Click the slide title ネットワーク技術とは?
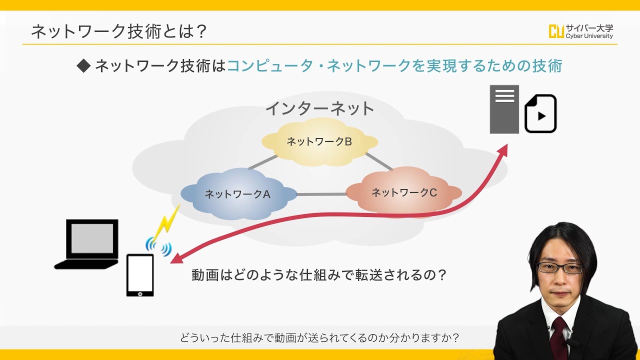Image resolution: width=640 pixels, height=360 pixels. click(x=118, y=31)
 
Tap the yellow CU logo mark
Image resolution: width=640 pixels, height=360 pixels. click(x=556, y=31)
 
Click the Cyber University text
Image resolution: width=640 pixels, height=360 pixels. click(x=589, y=36)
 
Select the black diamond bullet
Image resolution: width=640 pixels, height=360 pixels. click(x=83, y=65)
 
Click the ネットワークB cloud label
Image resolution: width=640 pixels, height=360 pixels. click(x=319, y=141)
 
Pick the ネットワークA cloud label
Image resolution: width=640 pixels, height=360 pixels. click(x=237, y=194)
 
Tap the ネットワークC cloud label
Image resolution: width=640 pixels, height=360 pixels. click(x=404, y=192)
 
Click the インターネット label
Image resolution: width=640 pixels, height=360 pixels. click(x=319, y=108)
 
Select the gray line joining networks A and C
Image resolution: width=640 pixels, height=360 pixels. click(x=321, y=194)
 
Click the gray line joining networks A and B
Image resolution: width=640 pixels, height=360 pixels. click(x=263, y=162)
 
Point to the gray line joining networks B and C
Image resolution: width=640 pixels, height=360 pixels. click(x=379, y=161)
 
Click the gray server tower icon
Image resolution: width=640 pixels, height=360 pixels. click(x=504, y=109)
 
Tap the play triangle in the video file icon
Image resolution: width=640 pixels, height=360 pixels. click(x=541, y=116)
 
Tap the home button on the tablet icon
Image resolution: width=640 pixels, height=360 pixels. click(x=140, y=293)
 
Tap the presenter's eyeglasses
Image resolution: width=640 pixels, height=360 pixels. click(x=560, y=268)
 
